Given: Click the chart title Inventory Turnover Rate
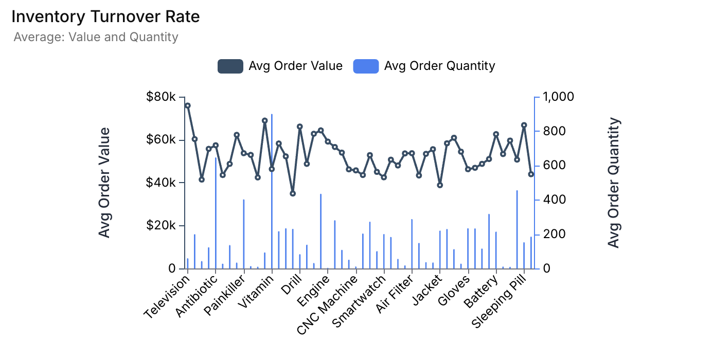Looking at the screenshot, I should click(x=105, y=17).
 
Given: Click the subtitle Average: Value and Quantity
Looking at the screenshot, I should click(x=96, y=37).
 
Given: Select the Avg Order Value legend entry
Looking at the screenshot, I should click(x=280, y=66).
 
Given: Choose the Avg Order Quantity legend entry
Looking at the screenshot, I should click(x=424, y=66).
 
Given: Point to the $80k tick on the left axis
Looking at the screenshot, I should click(x=161, y=97).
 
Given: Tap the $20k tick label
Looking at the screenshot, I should click(x=161, y=226).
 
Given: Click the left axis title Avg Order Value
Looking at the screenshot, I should click(x=105, y=183).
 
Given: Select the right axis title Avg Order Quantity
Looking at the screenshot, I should click(x=614, y=183).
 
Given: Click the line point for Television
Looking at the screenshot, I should click(x=188, y=105).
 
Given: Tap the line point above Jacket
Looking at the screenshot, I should click(x=440, y=185).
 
